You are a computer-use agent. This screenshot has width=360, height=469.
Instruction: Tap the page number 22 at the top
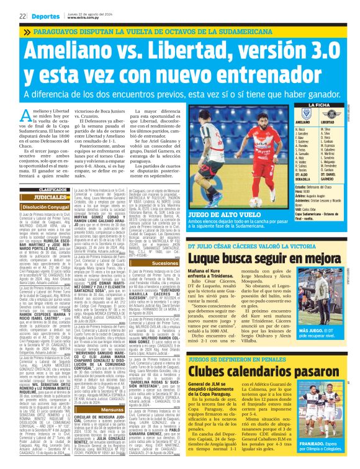5,16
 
